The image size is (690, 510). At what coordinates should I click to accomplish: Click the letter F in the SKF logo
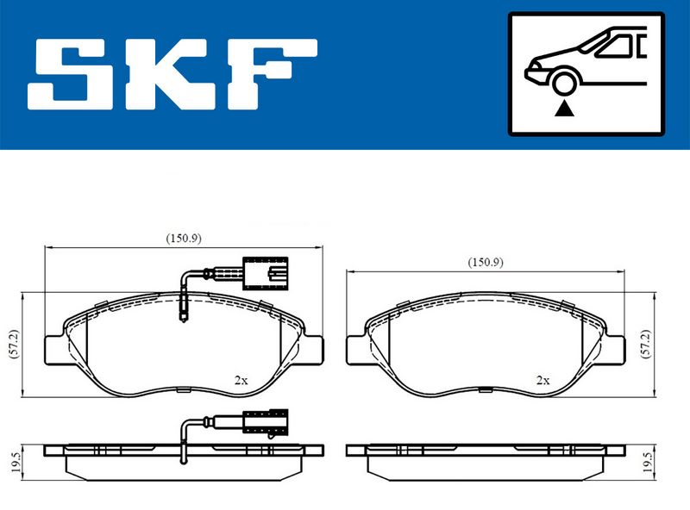tap(271, 74)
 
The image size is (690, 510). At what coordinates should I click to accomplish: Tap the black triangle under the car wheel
tap(564, 109)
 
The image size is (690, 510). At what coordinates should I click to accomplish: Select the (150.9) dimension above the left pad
tap(184, 239)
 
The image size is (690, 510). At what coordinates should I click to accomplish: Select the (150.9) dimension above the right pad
tap(486, 263)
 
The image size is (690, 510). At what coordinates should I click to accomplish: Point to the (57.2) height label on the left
tap(15, 344)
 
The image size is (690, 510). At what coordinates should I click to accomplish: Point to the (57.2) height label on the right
tap(645, 344)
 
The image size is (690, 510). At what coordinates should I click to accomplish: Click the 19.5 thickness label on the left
tap(16, 463)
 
